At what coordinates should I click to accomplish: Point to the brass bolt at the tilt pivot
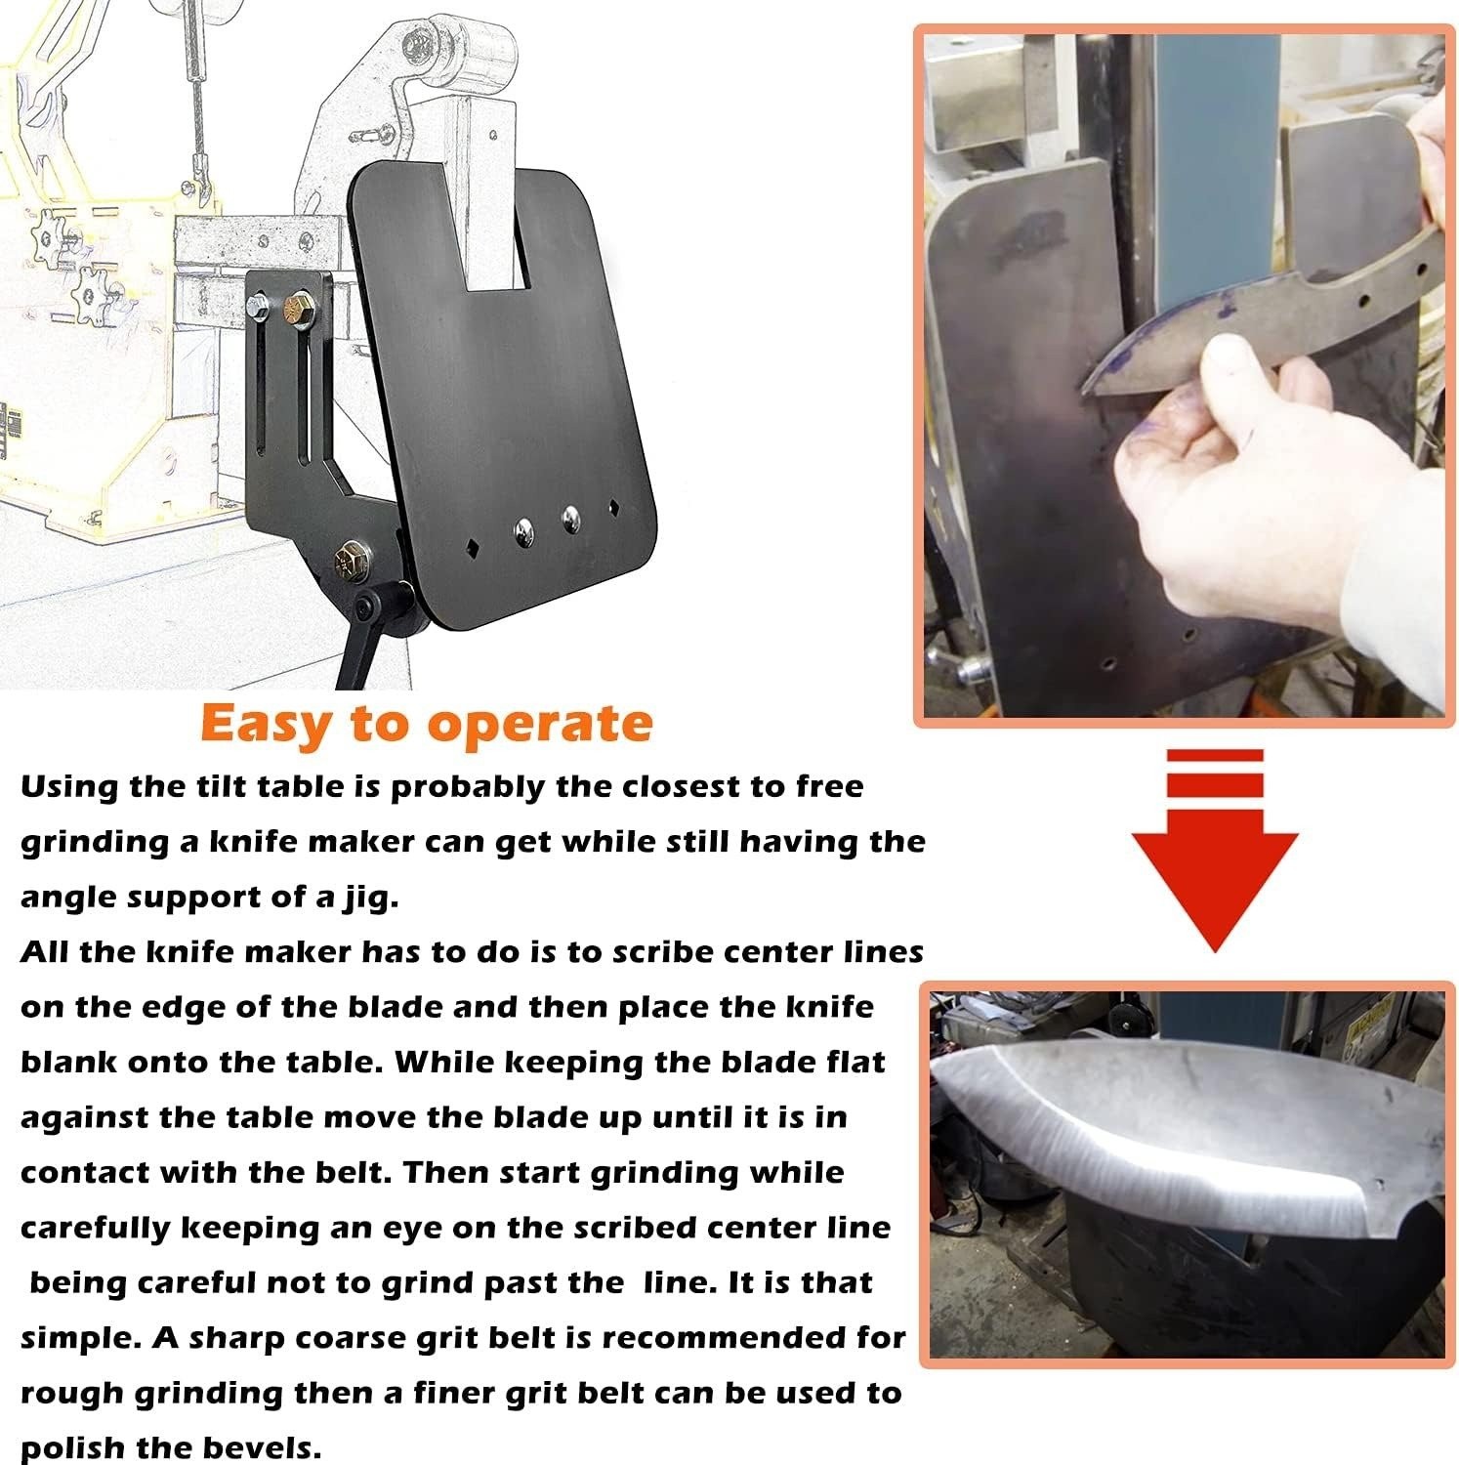tap(347, 561)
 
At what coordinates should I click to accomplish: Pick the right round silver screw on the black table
tap(570, 518)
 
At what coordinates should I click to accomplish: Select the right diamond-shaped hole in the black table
tap(614, 506)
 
